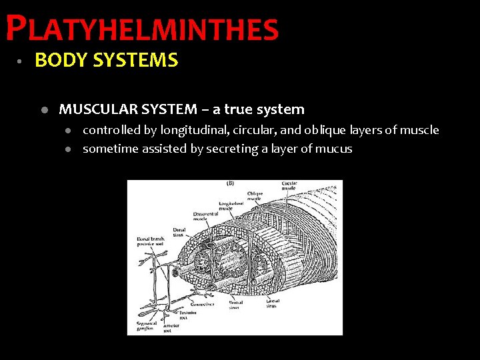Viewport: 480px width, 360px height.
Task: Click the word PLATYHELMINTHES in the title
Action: pos(142,29)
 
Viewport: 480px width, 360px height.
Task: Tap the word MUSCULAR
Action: pos(94,109)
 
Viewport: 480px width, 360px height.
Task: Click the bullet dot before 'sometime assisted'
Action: pos(68,149)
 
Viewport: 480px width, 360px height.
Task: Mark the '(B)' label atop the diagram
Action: pos(231,183)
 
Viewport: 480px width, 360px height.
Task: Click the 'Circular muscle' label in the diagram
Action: pos(289,185)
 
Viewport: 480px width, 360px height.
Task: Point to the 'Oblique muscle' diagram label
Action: pos(254,195)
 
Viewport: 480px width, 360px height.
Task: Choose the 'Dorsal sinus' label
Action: pos(179,231)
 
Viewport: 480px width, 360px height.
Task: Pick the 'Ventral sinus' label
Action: pos(234,305)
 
